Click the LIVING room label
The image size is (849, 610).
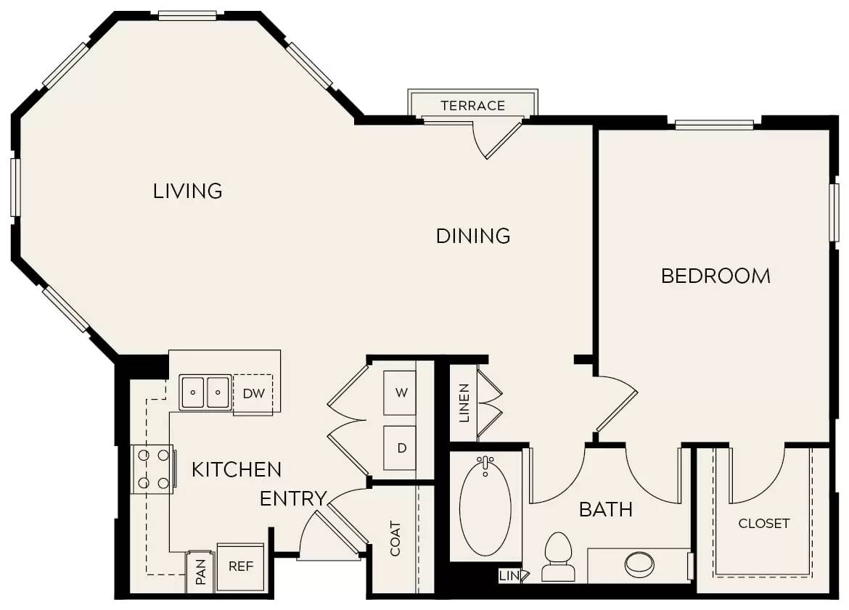pos(187,191)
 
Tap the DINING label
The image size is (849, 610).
pos(473,236)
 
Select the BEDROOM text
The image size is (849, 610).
pos(715,276)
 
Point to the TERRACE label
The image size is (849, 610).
pos(472,106)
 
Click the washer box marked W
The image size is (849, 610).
pos(400,392)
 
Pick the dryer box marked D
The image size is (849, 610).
pos(400,448)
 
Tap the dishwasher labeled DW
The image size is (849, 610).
pos(253,394)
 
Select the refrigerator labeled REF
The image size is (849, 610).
pos(240,566)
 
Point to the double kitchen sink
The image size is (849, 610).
pos(205,392)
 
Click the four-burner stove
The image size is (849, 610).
pos(153,469)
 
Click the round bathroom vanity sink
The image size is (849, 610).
pos(639,564)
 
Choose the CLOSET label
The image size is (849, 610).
pos(763,523)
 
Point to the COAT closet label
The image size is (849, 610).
pos(395,538)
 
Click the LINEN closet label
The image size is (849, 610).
pos(464,403)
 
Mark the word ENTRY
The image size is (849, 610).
pos(292,499)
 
